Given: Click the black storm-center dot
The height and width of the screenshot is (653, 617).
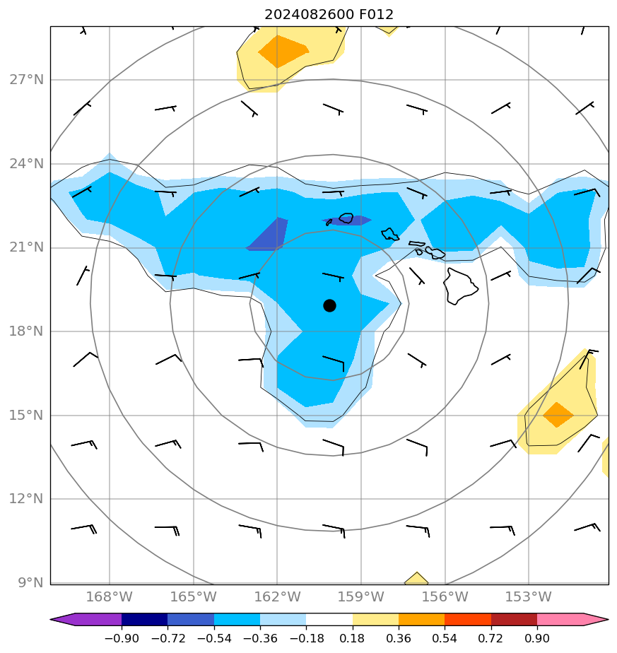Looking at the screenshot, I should click(x=329, y=305).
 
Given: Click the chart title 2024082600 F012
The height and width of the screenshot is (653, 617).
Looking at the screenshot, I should click(x=329, y=14).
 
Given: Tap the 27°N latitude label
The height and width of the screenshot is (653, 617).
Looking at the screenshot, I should click(x=27, y=80).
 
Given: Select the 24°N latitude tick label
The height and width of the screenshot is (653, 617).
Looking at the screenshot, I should click(x=27, y=164).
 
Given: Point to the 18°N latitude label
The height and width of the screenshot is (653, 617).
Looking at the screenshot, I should click(x=27, y=331).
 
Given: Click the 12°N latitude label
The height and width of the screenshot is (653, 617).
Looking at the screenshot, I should click(x=27, y=499).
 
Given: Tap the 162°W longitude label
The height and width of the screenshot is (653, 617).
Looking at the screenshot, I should click(x=277, y=597).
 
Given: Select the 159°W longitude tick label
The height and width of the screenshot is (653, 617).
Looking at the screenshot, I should click(x=360, y=597).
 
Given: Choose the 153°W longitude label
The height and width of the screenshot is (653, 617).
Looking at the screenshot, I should click(x=529, y=597).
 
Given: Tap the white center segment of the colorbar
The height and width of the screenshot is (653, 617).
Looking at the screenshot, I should click(x=329, y=620).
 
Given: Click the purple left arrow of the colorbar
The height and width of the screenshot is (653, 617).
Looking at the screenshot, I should click(x=60, y=620).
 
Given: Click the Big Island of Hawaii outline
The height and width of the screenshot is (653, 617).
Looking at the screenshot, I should click(x=460, y=286).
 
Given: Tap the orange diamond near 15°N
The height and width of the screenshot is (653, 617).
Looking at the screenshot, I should click(x=558, y=415).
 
